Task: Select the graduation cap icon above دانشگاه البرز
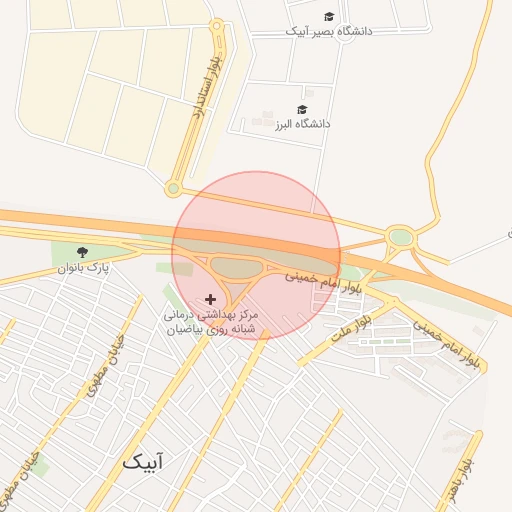[x=302, y=109]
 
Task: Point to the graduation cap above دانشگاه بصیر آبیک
[x=329, y=16]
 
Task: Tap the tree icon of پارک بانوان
[x=82, y=252]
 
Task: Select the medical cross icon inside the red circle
[x=209, y=298]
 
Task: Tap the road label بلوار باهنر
[x=462, y=483]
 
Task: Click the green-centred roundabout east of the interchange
[x=401, y=238]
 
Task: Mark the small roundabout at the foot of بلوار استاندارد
[x=174, y=188]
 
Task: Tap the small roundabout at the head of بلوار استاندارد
[x=216, y=27]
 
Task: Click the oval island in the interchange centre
[x=236, y=267]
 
